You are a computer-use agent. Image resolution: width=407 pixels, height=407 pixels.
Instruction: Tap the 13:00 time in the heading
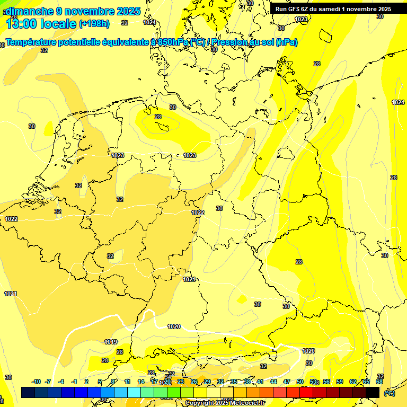pos(22,23)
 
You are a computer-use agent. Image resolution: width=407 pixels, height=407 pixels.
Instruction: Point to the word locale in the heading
pos(59,23)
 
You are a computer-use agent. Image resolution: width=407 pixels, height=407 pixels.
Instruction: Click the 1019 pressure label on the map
pos(111,342)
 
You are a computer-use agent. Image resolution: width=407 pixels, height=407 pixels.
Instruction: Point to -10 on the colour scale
pos(36,382)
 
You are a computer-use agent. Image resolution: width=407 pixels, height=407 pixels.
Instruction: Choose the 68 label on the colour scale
pos(379,382)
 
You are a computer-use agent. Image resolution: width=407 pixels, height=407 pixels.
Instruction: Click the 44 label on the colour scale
pos(273,382)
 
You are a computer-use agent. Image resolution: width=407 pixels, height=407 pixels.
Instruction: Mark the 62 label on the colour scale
pos(353,382)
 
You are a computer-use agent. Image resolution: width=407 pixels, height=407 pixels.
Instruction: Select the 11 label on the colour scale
pos(128,382)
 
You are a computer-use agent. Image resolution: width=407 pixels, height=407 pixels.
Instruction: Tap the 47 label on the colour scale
pos(287,382)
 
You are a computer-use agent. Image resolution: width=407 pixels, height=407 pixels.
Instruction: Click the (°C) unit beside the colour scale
pos(389,393)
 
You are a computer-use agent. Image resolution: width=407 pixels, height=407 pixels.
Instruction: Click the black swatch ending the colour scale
pos(373,392)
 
